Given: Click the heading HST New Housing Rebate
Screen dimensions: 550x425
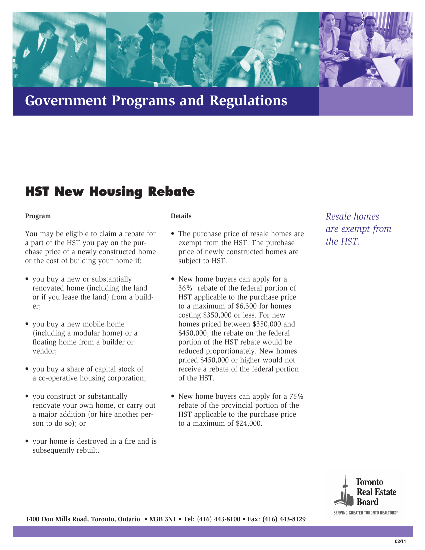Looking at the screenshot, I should click(110, 192).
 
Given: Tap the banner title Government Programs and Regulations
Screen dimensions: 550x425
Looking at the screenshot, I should click(156, 101).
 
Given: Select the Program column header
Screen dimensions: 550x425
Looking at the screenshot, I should click(38, 216).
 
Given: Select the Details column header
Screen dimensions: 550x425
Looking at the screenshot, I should click(181, 216).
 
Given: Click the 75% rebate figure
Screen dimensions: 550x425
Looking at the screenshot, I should click(296, 396).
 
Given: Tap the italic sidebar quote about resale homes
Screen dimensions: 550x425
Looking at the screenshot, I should click(358, 229).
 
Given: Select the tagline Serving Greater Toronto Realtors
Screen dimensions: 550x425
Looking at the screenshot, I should click(366, 513).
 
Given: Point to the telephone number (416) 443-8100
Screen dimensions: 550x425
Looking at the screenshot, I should click(219, 519).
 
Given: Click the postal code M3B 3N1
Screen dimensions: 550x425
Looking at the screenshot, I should click(162, 519).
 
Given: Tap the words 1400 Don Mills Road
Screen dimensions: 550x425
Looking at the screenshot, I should click(57, 519).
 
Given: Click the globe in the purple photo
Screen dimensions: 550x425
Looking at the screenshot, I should click(354, 20).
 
